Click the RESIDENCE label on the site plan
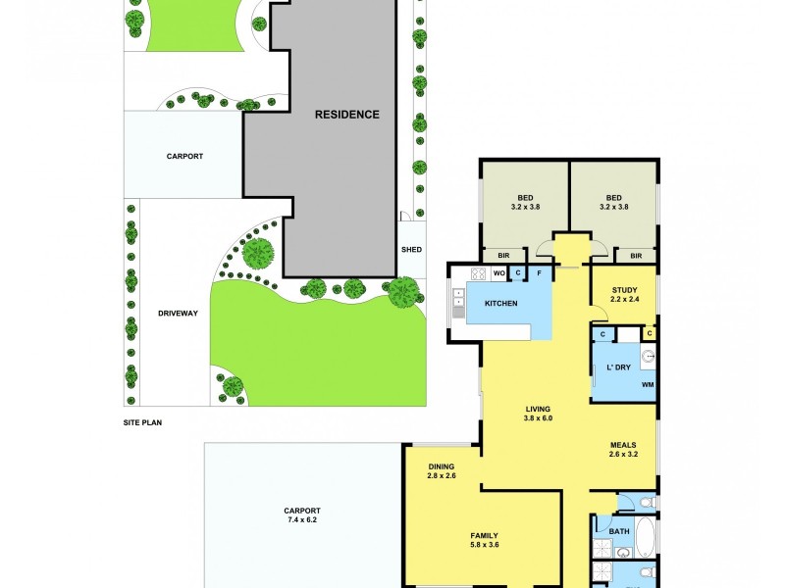click(x=346, y=115)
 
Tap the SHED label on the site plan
click(x=411, y=249)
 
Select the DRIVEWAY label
click(x=178, y=314)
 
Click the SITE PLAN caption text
click(x=141, y=423)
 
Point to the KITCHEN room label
click(x=500, y=304)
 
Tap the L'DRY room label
click(x=617, y=367)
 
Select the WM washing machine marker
click(x=647, y=385)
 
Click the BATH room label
click(x=618, y=532)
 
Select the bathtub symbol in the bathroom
click(x=645, y=537)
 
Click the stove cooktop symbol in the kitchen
click(x=479, y=274)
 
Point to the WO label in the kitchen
click(x=498, y=273)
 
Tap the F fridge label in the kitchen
click(x=539, y=273)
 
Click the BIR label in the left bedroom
click(x=502, y=256)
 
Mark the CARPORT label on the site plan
click(x=184, y=156)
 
